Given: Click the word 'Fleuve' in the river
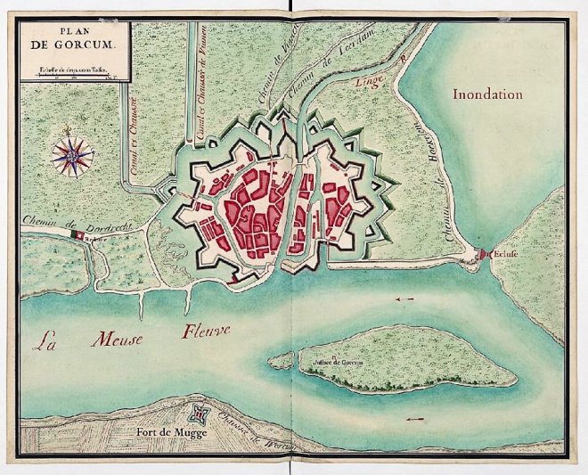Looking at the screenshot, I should click(x=207, y=332).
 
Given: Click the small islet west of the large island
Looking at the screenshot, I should click(x=282, y=361).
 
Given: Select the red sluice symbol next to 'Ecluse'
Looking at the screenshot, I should click(x=484, y=255).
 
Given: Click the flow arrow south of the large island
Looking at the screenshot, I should click(x=415, y=418).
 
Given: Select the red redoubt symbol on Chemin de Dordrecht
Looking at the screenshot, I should click(x=78, y=235).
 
